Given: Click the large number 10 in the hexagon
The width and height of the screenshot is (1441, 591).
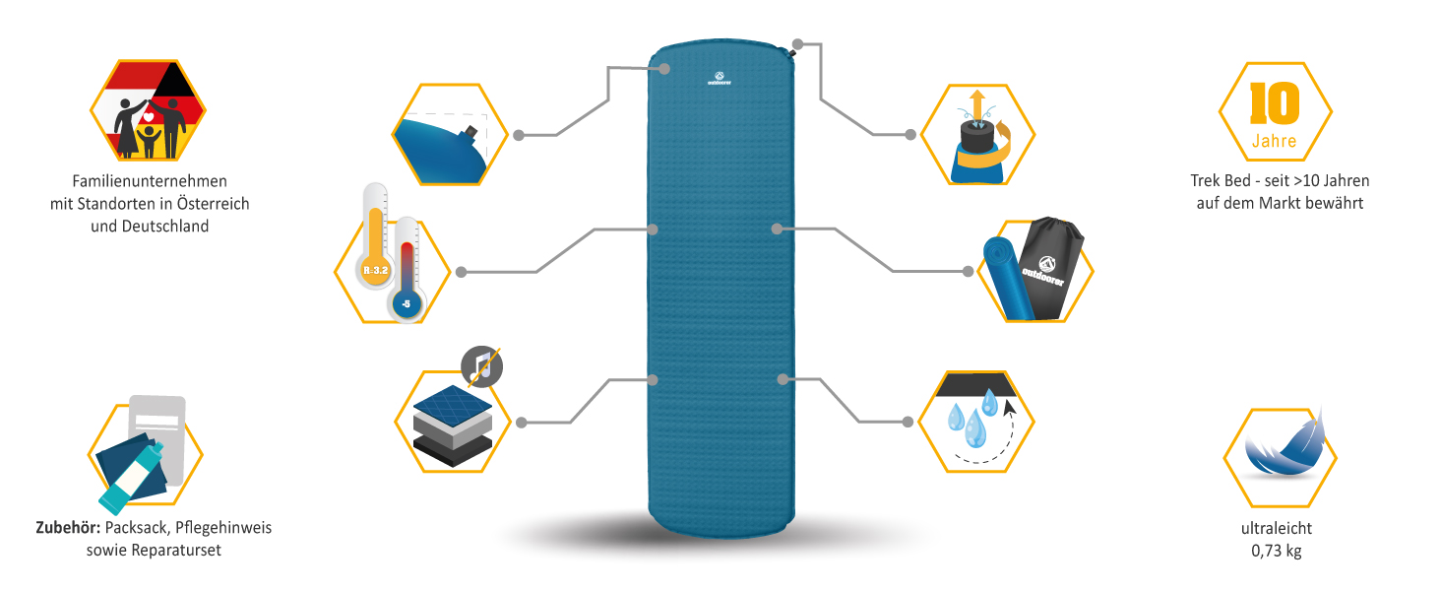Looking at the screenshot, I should pyautogui.click(x=1275, y=102).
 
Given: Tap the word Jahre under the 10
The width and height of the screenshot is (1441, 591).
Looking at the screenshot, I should pyautogui.click(x=1275, y=141).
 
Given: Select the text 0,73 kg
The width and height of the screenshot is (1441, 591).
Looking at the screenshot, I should pyautogui.click(x=1276, y=551).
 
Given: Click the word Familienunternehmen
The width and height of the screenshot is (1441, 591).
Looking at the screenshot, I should pyautogui.click(x=150, y=181).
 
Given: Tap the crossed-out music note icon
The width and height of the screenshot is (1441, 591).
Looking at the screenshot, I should pyautogui.click(x=481, y=366).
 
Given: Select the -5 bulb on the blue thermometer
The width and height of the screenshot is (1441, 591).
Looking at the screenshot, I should pyautogui.click(x=407, y=304).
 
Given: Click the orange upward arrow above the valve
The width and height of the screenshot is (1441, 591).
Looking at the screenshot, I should pyautogui.click(x=976, y=103).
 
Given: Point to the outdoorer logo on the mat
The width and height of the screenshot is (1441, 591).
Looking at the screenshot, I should pyautogui.click(x=720, y=78).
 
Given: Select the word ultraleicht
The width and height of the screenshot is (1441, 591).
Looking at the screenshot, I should pyautogui.click(x=1276, y=529).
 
